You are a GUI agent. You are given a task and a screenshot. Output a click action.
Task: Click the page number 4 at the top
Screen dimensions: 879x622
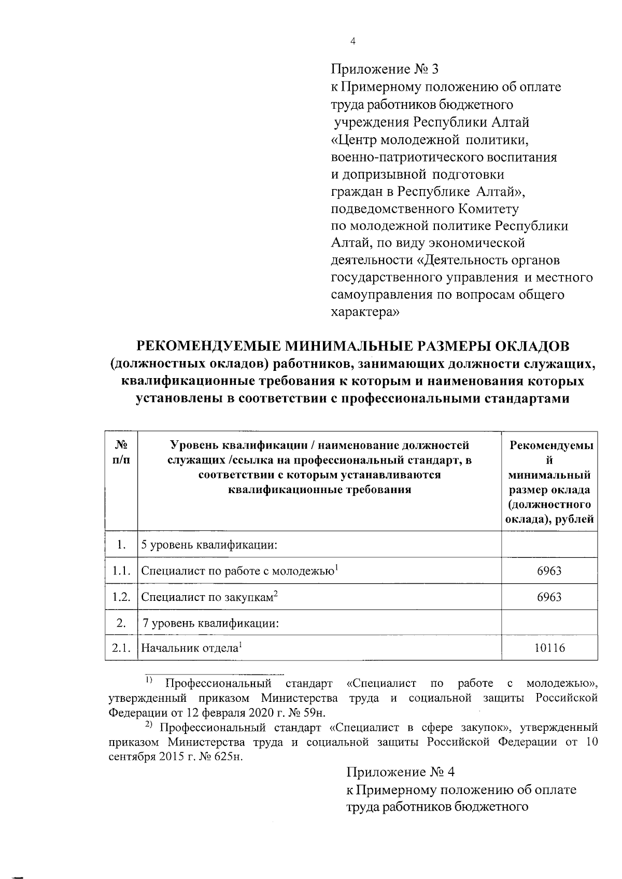point(352,42)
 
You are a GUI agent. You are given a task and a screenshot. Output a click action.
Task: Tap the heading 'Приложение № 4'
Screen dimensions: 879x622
point(400,772)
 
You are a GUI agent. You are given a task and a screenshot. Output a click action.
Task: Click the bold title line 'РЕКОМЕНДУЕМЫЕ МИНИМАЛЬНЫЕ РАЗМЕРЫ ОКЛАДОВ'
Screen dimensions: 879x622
point(352,346)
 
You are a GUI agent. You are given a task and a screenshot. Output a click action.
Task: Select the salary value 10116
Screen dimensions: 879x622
point(549,647)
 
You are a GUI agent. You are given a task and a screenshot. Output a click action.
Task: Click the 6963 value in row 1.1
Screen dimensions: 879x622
point(549,571)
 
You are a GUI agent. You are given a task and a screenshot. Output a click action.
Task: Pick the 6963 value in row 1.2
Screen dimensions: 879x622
point(549,597)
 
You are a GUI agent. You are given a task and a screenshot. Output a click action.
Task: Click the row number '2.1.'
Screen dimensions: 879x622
point(121,648)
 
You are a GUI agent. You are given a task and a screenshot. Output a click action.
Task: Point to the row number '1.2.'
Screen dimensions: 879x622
point(121,597)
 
